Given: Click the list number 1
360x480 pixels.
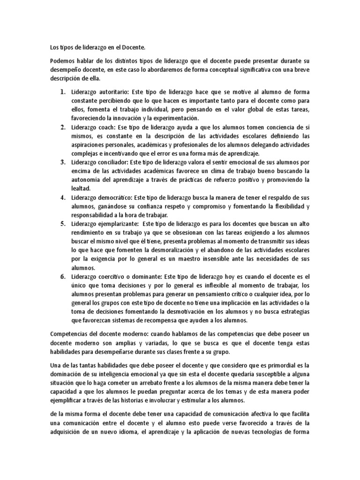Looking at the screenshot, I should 62,91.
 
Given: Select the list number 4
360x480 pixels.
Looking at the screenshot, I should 62,197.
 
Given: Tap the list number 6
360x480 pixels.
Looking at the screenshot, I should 62,277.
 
